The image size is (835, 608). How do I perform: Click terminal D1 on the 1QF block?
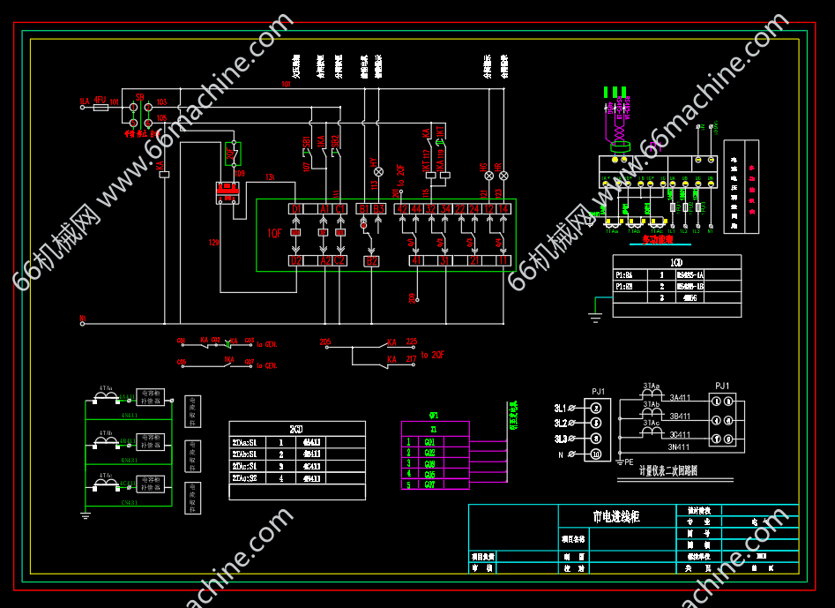coord(295,208)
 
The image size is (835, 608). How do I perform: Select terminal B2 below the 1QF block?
coord(371,261)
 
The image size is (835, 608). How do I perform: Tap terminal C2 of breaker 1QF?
coord(339,261)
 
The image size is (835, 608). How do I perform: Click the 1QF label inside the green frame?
coord(274,234)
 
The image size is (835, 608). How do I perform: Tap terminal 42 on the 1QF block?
coord(402,208)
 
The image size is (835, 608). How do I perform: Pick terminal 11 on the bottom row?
coord(503,261)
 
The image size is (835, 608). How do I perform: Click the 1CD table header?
coord(676,262)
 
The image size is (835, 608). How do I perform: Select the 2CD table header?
coord(296,428)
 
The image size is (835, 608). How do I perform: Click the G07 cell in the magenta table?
coord(430,484)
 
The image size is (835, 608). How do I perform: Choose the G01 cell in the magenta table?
coord(430,442)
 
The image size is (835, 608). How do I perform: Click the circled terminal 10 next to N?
coord(596,454)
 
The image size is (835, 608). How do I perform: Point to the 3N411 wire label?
coord(680,447)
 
